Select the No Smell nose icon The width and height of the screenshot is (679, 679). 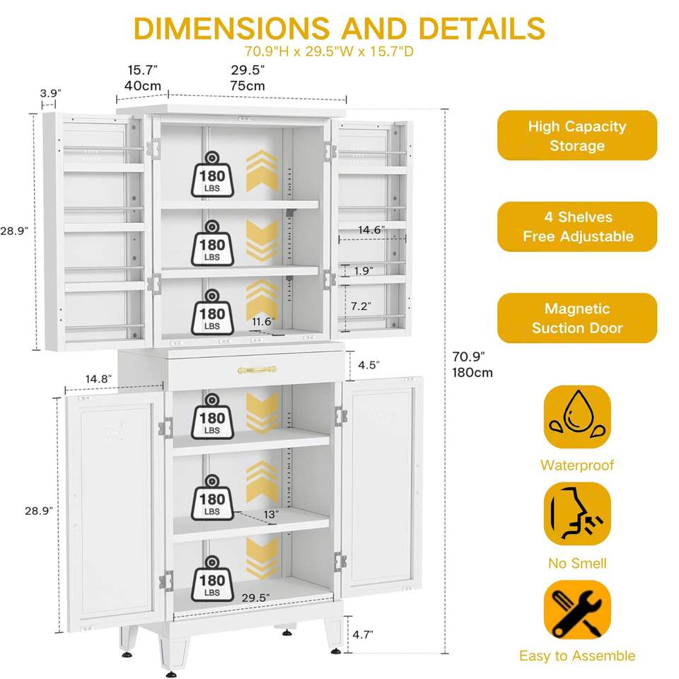[x=577, y=514]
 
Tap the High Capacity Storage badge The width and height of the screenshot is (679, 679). [x=577, y=136]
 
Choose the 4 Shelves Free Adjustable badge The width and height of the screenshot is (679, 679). [x=577, y=226]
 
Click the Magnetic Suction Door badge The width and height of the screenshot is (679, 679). [x=577, y=318]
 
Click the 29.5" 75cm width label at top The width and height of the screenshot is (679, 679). [x=248, y=78]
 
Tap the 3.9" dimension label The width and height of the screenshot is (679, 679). [x=50, y=93]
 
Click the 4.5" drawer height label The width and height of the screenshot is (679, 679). [x=369, y=365]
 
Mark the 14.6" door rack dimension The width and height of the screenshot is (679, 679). [x=371, y=230]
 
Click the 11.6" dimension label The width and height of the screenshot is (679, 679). [x=263, y=322]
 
